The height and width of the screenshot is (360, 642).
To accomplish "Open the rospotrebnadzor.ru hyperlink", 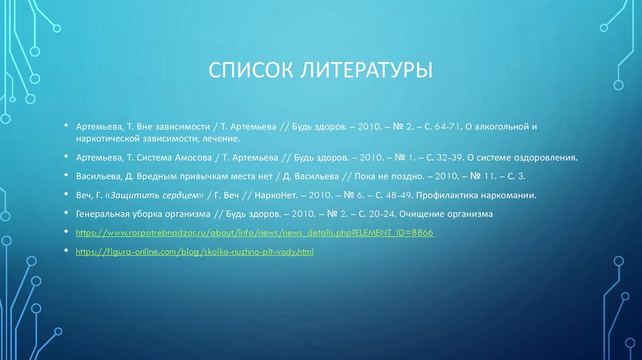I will coord(255,233).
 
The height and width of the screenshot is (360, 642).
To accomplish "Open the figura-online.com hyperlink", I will coord(194,251).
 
